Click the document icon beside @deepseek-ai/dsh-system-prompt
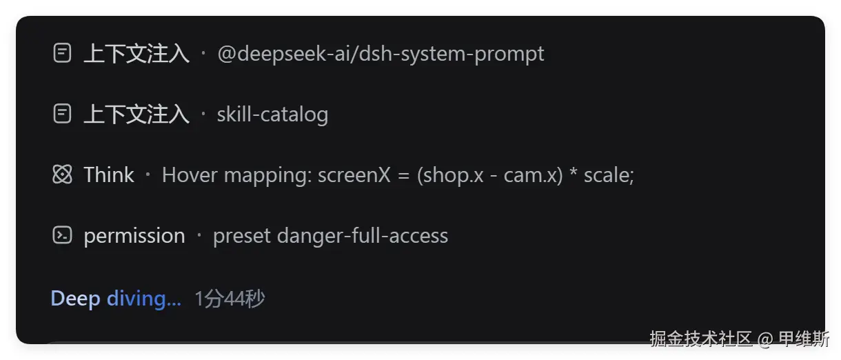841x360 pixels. [x=62, y=53]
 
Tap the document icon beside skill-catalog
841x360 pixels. [x=62, y=114]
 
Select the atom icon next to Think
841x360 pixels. [x=62, y=174]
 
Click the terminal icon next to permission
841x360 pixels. [x=62, y=235]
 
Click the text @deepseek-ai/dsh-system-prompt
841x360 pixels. [x=381, y=54]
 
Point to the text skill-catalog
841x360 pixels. [x=272, y=114]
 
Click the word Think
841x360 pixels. [x=109, y=174]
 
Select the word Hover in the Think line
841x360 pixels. [x=190, y=174]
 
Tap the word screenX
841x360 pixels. [x=354, y=175]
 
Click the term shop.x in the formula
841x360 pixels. [x=450, y=175]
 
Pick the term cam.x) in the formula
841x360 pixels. [x=533, y=175]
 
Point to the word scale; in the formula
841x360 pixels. [x=609, y=175]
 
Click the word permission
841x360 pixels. [x=134, y=237]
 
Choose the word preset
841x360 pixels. [x=242, y=237]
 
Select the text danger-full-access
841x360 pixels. [x=363, y=236]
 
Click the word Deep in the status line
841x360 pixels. [x=75, y=299]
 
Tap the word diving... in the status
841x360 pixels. [x=144, y=299]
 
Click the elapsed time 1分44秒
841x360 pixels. [x=230, y=299]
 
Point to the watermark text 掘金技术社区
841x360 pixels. [x=701, y=339]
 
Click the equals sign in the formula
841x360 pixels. [x=403, y=175]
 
